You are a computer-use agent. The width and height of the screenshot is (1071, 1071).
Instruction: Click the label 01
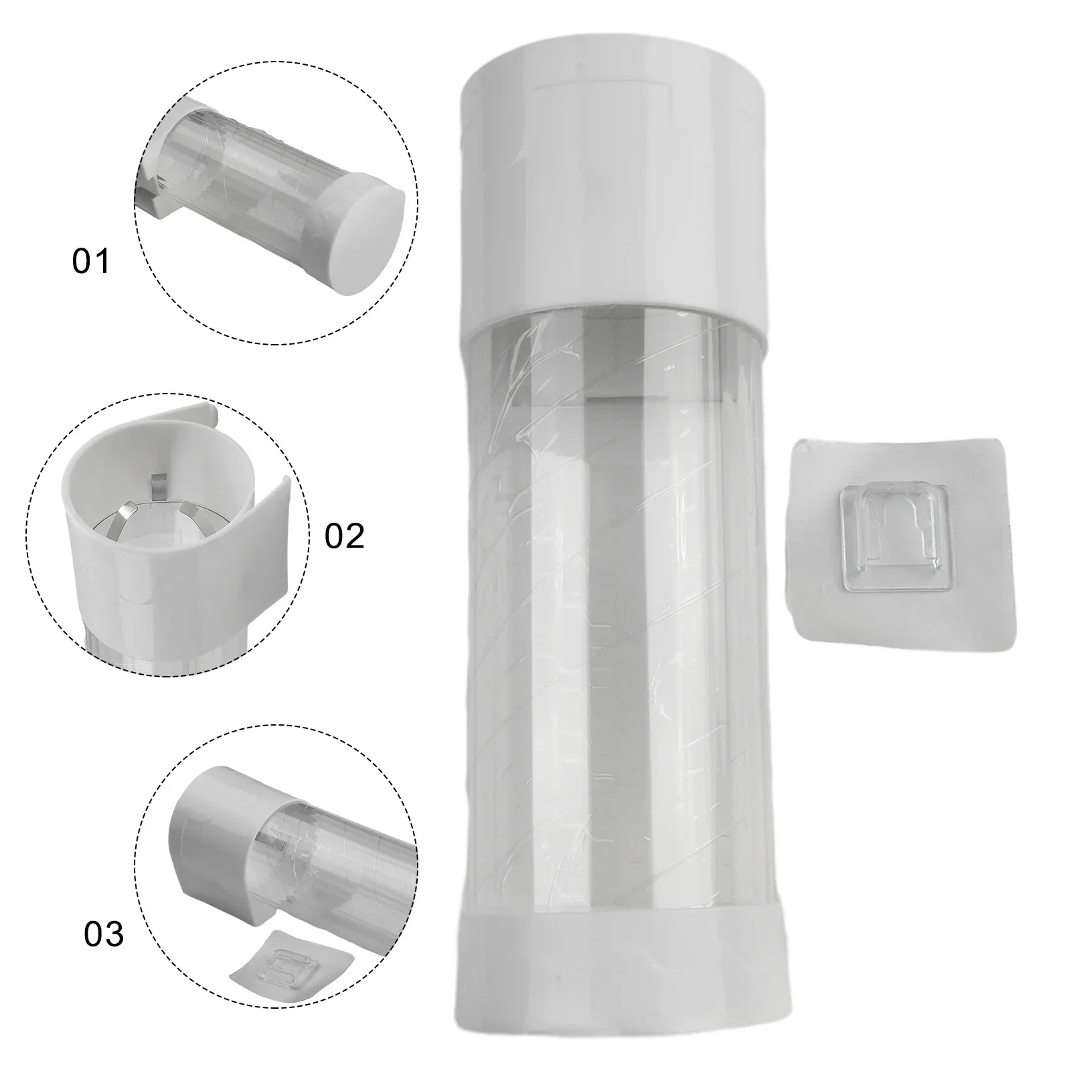(x=90, y=261)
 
